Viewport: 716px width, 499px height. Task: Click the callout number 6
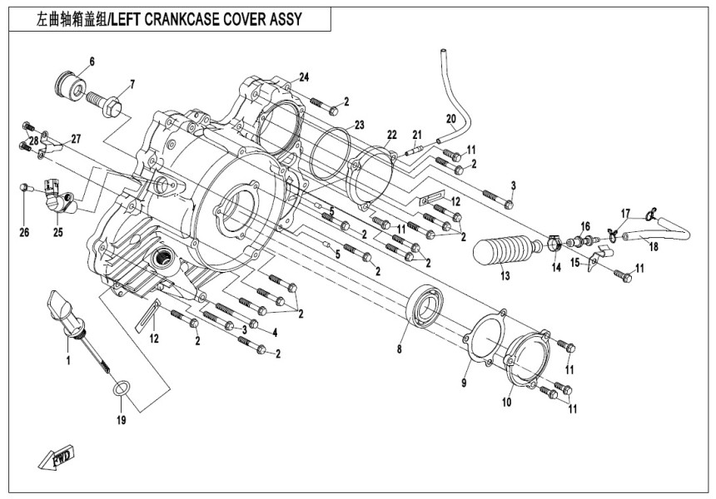click(x=92, y=62)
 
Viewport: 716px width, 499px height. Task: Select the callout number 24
click(x=305, y=77)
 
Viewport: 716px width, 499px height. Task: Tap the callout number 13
click(x=505, y=276)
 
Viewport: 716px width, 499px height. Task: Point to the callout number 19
click(x=121, y=420)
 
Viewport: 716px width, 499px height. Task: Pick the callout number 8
click(x=400, y=350)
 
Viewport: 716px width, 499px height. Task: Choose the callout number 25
click(x=58, y=232)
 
